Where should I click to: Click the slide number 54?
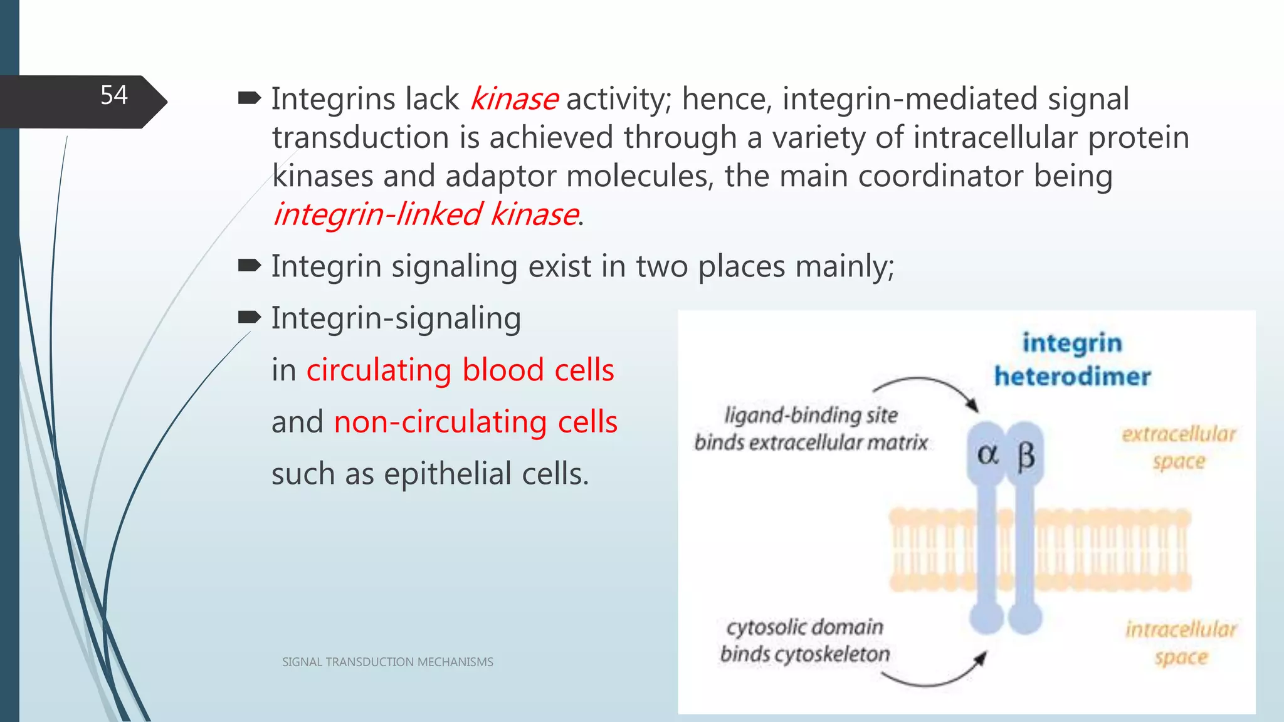click(x=113, y=96)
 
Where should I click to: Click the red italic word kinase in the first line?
click(x=513, y=99)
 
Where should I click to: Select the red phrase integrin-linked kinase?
click(x=426, y=214)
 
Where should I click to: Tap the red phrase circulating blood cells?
click(x=460, y=370)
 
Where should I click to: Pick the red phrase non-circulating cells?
click(x=475, y=422)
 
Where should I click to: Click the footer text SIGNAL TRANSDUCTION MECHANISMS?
click(x=387, y=662)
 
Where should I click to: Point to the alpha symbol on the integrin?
click(x=987, y=454)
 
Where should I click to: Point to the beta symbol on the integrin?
click(x=1026, y=456)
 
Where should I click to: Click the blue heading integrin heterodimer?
click(x=1072, y=360)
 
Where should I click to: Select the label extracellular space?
click(x=1178, y=447)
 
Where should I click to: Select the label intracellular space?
click(x=1181, y=642)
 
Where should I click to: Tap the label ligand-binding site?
click(x=811, y=415)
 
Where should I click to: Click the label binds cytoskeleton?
click(x=805, y=654)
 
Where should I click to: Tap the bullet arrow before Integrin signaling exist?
click(x=250, y=266)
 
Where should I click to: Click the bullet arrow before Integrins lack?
click(x=250, y=98)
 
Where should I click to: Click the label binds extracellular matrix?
click(x=811, y=442)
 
